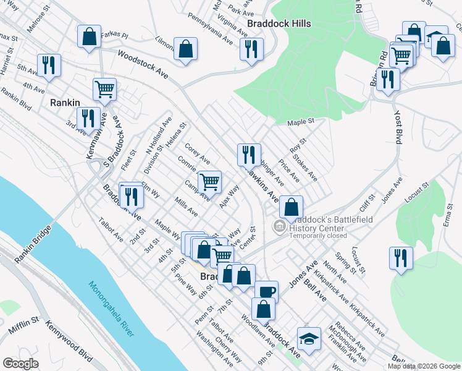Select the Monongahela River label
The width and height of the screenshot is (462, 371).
pyautogui.click(x=111, y=310)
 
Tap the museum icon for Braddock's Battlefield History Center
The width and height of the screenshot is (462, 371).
pyautogui.click(x=279, y=227)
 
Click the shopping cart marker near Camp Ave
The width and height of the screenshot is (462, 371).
pyautogui.click(x=210, y=182)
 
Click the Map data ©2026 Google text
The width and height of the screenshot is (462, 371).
pyautogui.click(x=424, y=366)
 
